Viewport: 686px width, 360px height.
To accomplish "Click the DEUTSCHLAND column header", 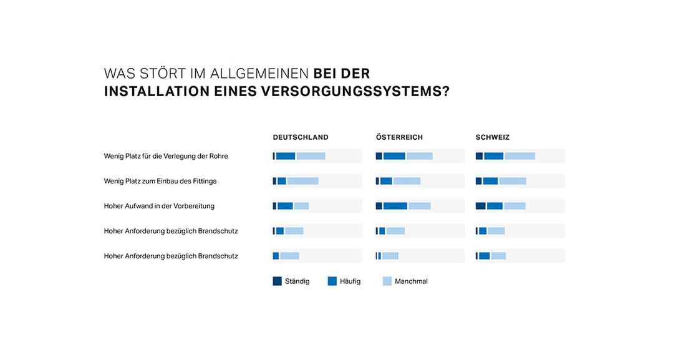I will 300,137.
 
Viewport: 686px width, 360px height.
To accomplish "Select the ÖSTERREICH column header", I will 399,137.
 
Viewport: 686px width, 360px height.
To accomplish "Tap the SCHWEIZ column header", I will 492,137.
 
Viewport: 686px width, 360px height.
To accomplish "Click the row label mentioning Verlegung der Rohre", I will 166,156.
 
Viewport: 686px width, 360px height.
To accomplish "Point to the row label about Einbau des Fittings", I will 160,181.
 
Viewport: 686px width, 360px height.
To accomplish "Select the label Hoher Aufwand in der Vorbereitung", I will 159,206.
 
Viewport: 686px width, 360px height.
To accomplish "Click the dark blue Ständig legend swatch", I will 278,281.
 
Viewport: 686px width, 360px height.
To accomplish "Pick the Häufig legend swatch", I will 332,281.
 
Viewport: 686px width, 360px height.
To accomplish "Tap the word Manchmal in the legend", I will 411,281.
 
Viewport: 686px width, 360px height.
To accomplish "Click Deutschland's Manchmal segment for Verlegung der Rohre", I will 311,156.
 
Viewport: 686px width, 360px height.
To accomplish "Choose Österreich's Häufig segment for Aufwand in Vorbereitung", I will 395,206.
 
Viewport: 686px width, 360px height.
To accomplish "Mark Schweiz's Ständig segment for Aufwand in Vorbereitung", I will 480,206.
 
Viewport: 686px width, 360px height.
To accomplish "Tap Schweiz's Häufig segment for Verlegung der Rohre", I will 493,156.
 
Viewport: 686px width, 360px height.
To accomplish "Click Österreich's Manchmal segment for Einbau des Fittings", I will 407,181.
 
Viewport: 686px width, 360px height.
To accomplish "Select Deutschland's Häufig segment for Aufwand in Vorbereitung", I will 285,206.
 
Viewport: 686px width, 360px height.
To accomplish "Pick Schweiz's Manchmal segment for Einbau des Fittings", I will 513,181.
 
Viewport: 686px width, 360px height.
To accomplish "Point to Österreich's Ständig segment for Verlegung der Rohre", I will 379,156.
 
